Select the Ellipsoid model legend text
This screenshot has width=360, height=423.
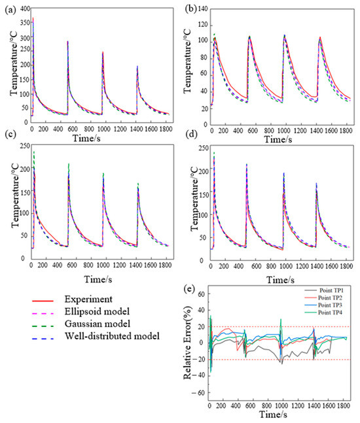(x=94, y=313)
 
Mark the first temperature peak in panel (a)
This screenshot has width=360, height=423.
(x=33, y=20)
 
